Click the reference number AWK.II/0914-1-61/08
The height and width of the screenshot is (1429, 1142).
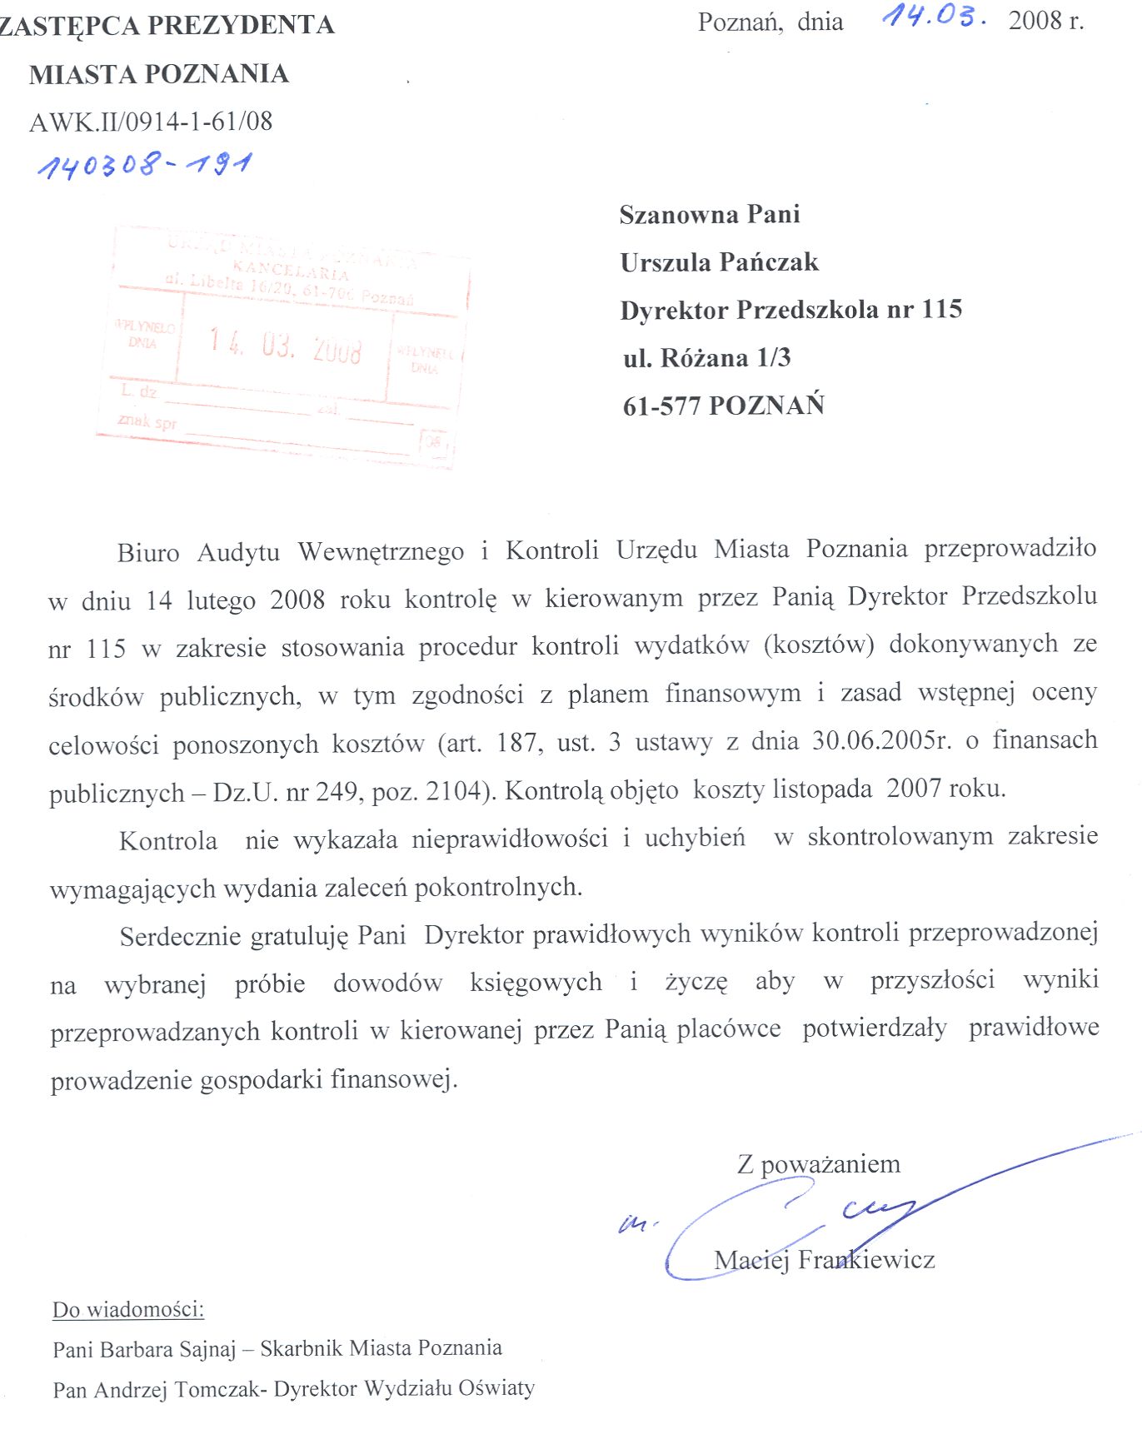(x=151, y=122)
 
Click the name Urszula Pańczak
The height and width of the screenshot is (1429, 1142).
(x=719, y=262)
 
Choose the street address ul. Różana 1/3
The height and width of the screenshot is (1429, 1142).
(x=706, y=358)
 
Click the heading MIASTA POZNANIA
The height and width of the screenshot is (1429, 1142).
(x=158, y=74)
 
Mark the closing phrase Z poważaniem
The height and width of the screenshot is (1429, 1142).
(x=818, y=1163)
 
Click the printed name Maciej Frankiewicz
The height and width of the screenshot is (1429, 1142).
(x=824, y=1259)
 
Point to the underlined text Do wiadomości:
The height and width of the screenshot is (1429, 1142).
(x=128, y=1309)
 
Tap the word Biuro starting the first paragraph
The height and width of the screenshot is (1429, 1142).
(x=148, y=553)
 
